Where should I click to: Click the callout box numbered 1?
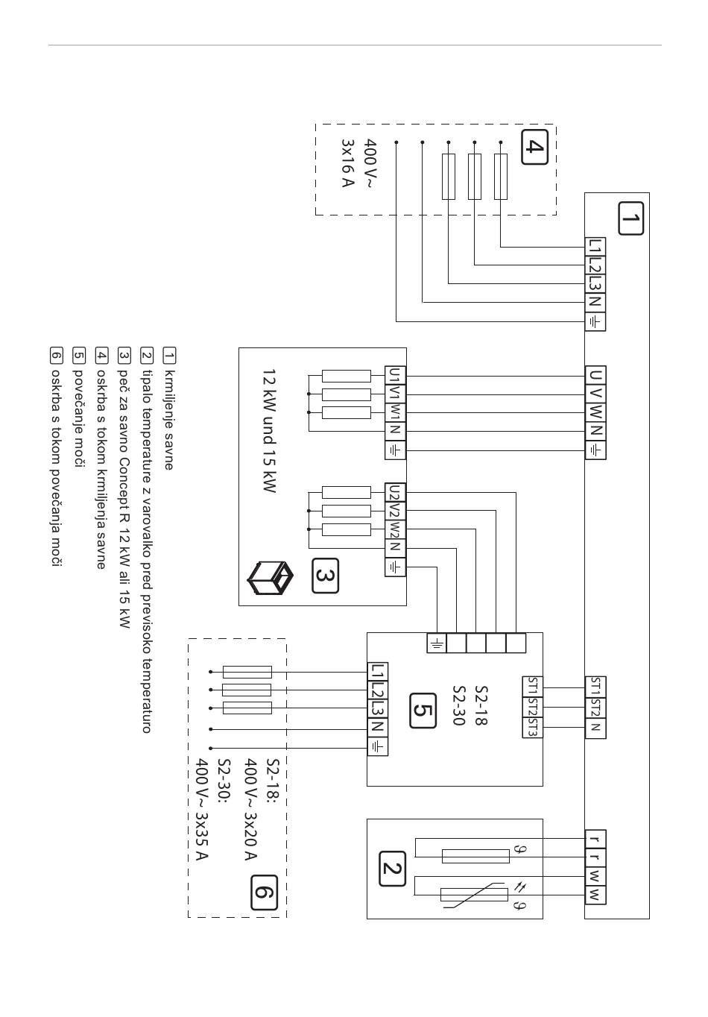630,218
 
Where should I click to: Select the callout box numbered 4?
534,147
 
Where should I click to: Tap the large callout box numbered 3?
325,576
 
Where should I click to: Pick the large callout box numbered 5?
423,711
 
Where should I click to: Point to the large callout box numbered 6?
264,892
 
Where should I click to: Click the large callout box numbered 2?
392,869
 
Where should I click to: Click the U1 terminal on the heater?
395,376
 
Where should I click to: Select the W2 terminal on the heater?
395,529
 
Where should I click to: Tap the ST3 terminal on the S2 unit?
532,728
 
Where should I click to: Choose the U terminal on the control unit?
595,376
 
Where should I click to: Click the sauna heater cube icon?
270,578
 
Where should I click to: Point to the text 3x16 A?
347,163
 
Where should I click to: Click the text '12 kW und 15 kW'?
269,431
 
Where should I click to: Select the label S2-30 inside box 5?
459,705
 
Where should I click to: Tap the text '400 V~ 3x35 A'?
201,809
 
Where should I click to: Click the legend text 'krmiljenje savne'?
169,420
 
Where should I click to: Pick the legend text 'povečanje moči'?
78,418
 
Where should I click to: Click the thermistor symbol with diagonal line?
474,895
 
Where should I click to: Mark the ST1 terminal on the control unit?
595,687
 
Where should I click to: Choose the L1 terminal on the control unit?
595,247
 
